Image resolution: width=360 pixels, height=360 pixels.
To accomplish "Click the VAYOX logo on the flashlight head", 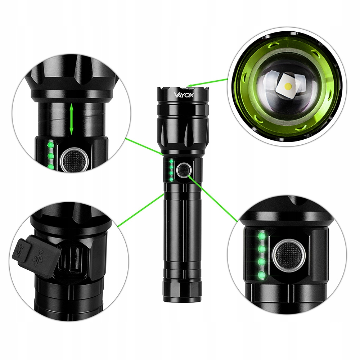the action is pos(184,95).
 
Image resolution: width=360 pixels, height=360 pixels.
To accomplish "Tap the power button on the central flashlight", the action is pos(184,170).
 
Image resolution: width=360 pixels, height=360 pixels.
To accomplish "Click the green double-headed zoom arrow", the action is pos(71,119).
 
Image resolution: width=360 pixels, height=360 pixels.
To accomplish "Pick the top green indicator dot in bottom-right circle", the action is pos(261,235).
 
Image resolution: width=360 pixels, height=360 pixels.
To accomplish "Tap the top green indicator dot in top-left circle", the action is pos(50,145).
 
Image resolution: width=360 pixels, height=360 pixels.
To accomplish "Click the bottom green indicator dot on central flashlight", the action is pos(170,179).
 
